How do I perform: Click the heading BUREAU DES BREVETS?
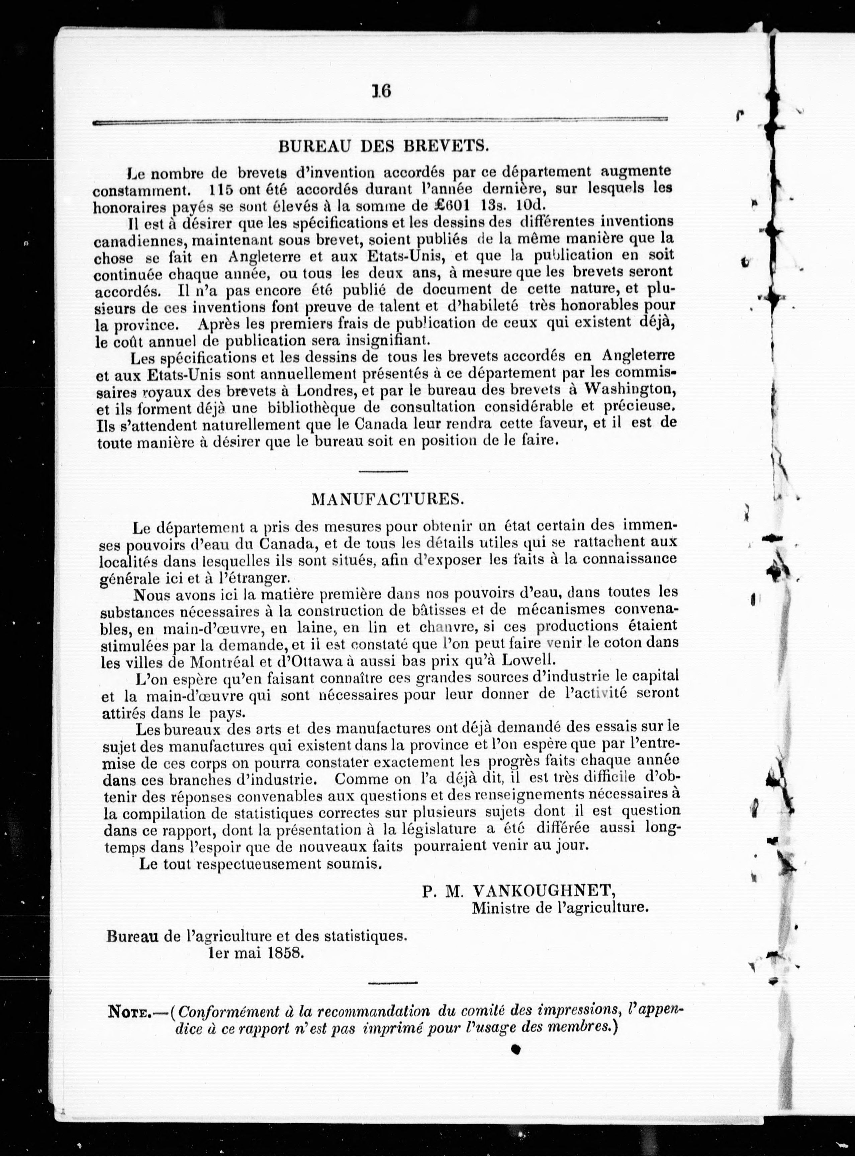(x=383, y=147)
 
